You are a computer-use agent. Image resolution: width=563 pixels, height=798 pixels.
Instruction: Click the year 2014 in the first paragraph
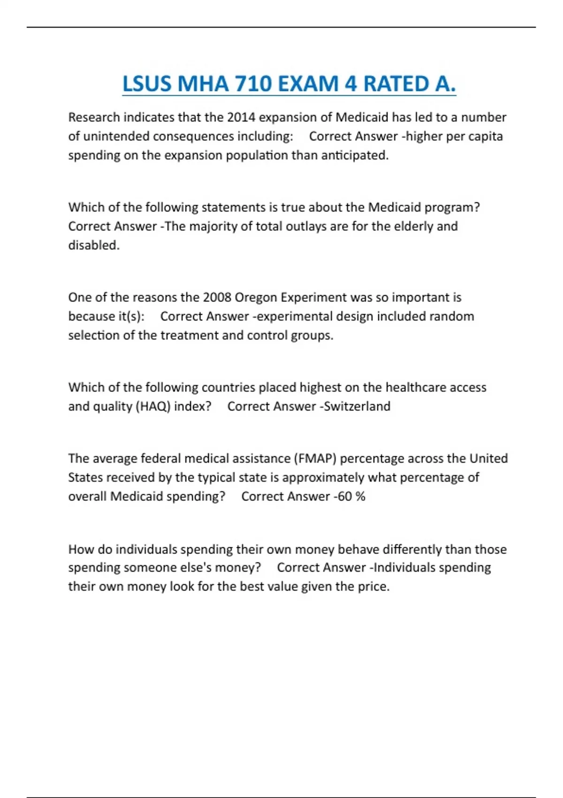click(241, 117)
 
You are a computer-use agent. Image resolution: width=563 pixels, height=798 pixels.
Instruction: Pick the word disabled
click(93, 245)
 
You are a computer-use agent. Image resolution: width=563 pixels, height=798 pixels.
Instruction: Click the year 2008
click(217, 298)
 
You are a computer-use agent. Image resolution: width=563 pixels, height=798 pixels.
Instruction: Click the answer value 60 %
click(351, 497)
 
